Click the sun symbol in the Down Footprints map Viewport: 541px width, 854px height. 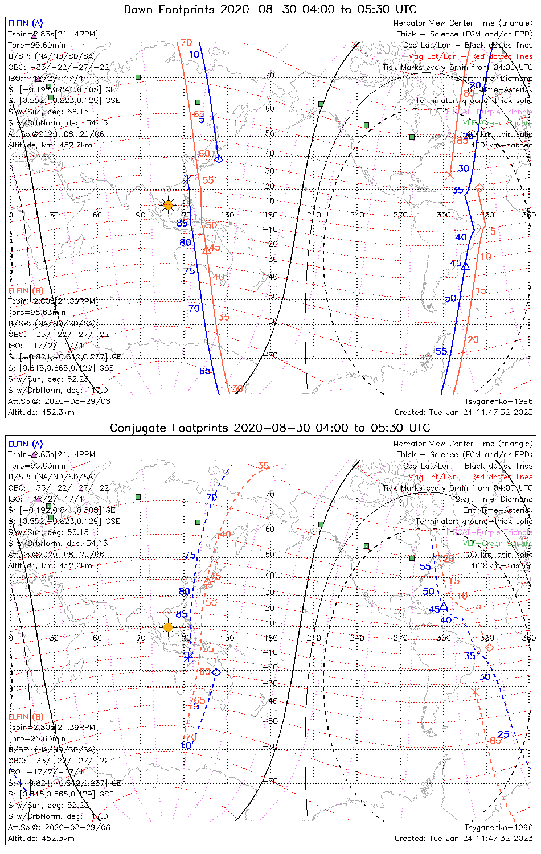(168, 205)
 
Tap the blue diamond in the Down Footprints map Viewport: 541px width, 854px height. (218, 159)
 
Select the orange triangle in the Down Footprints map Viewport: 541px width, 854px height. (207, 250)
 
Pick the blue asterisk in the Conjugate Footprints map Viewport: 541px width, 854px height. (188, 656)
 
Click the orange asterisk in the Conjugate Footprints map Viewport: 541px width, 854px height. (475, 692)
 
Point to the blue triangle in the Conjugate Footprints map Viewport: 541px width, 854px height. (444, 606)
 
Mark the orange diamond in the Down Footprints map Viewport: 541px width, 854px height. (479, 187)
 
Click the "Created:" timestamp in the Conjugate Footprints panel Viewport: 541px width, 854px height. (464, 838)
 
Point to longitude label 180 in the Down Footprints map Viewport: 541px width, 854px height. (271, 215)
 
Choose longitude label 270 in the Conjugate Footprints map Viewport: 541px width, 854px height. (400, 638)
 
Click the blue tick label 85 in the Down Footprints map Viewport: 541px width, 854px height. (182, 223)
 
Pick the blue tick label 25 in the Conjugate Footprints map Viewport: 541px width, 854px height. (503, 734)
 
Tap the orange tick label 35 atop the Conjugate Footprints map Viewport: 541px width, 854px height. (263, 466)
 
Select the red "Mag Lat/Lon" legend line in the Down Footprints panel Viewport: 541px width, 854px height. (470, 56)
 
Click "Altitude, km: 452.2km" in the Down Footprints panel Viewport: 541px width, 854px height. (50, 145)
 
